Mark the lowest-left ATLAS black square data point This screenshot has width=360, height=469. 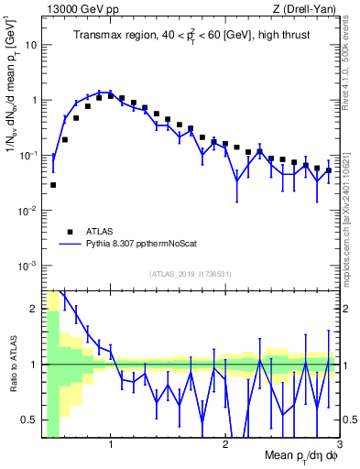pos(53,185)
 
